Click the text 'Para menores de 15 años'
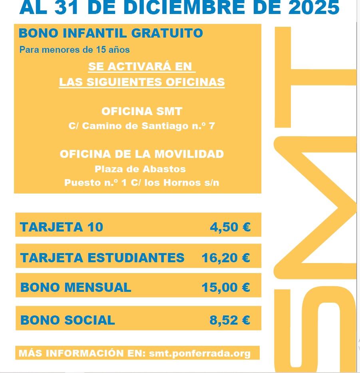point(74,50)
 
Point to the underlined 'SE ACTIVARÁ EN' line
point(140,66)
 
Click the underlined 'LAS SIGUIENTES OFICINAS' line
point(142,82)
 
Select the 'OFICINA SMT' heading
point(142,111)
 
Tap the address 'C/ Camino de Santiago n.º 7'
point(142,126)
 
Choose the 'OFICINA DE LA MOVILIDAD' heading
point(142,154)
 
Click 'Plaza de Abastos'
point(140,169)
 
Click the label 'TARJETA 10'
point(62,227)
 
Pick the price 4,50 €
point(230,227)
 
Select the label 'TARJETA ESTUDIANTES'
point(102,258)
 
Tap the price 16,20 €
point(226,258)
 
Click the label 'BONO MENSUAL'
point(76,287)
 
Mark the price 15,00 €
point(226,287)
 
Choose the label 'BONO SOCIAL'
point(68,320)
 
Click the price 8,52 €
point(230,320)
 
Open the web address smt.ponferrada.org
point(200,353)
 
